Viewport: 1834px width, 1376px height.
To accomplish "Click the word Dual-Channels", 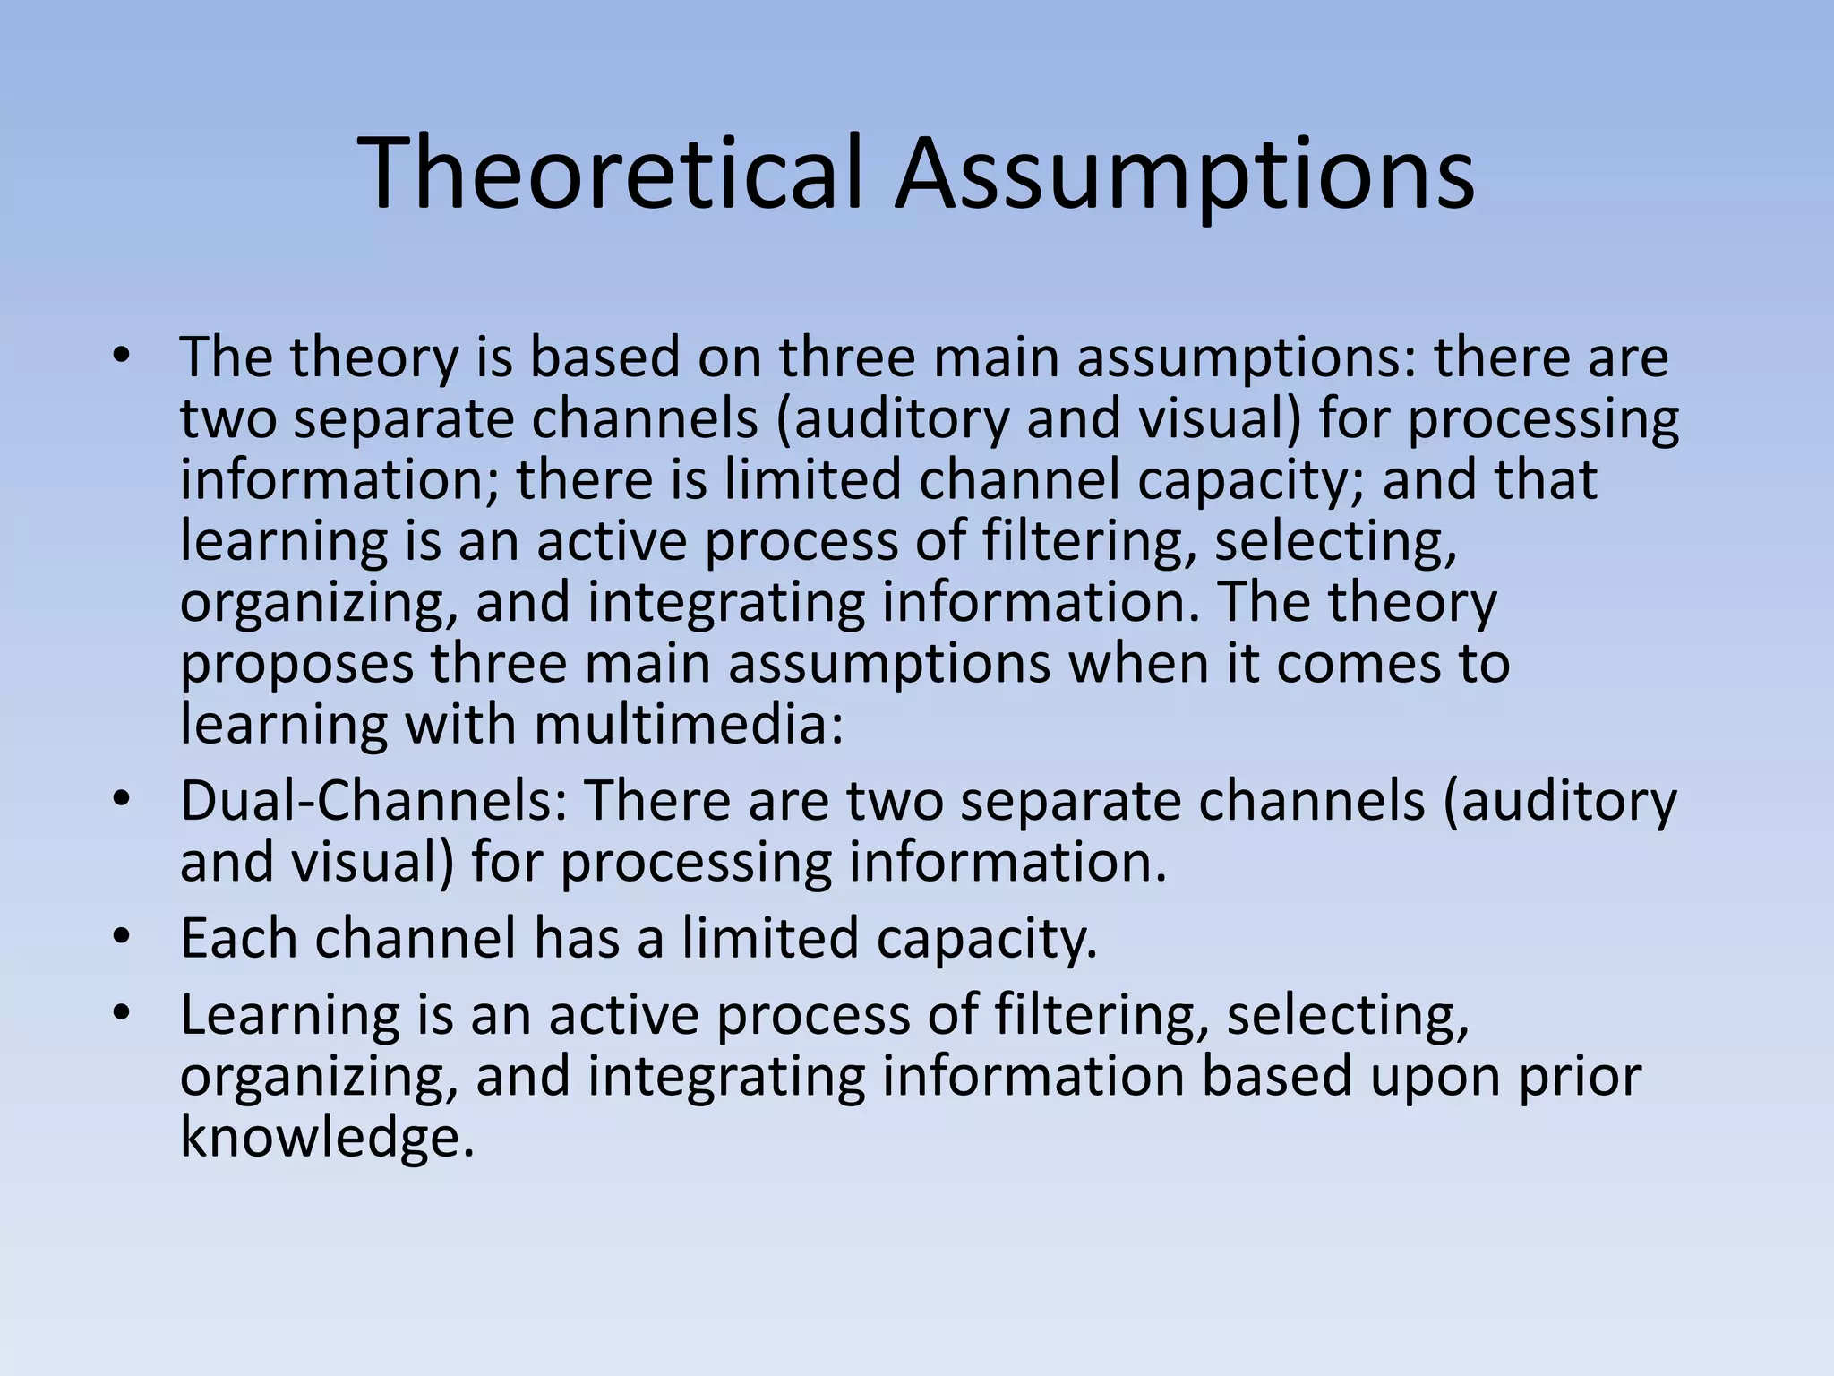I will [x=373, y=800].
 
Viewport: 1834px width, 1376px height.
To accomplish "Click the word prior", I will [x=1581, y=1076].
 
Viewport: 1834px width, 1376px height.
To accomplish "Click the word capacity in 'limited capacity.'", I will [x=985, y=939].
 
